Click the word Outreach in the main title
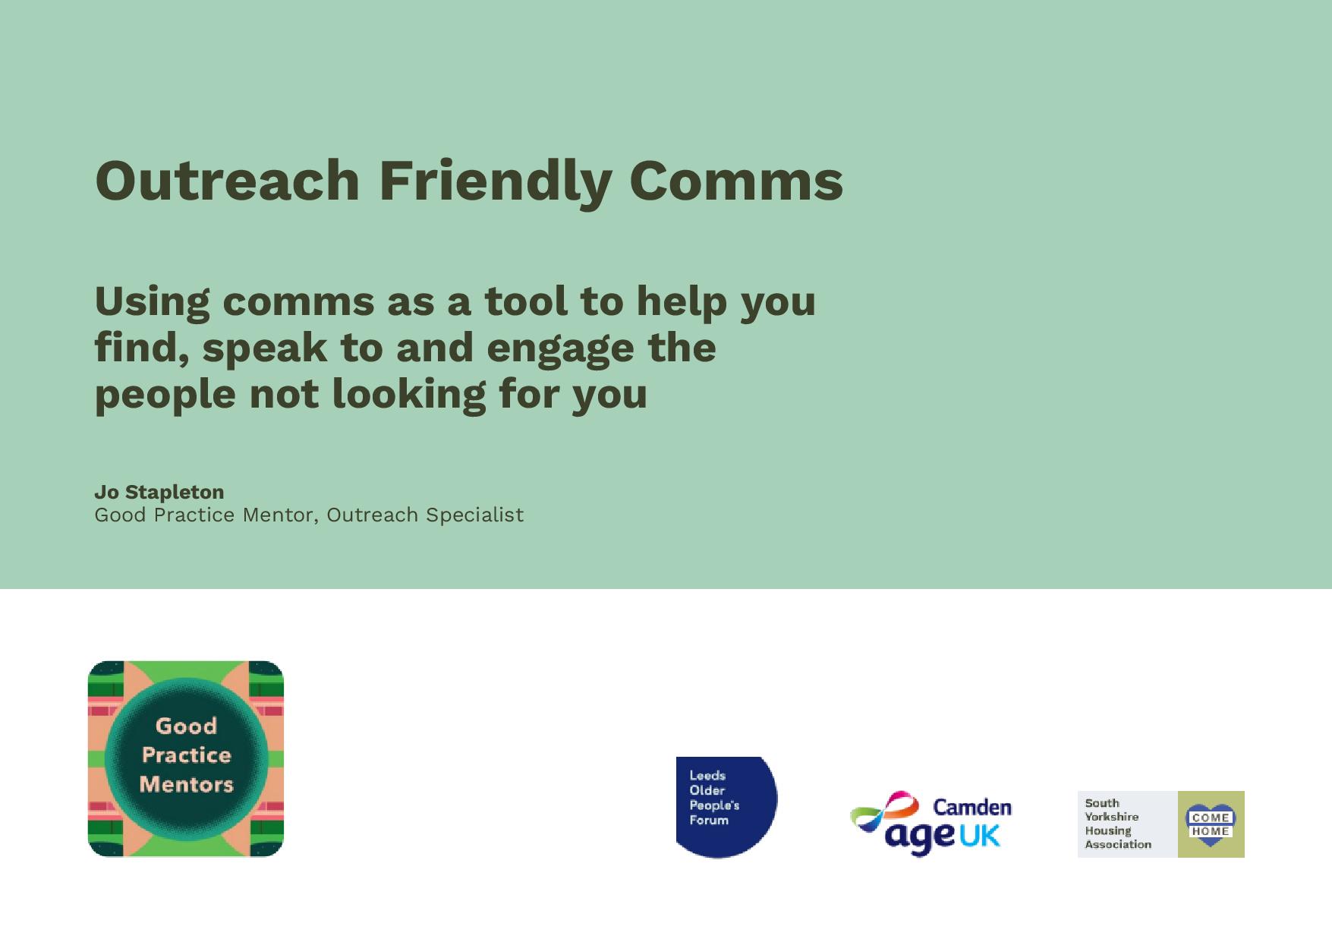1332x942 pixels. [x=227, y=181]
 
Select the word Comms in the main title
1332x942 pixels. [x=736, y=181]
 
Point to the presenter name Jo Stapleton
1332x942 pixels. [x=159, y=492]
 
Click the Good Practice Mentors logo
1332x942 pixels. [x=186, y=759]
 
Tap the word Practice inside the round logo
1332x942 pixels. [x=187, y=755]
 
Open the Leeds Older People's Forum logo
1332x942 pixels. [x=726, y=807]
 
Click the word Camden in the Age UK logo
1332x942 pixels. [x=972, y=806]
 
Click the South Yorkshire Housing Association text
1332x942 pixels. [x=1117, y=824]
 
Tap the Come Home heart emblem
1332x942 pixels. [x=1211, y=824]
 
